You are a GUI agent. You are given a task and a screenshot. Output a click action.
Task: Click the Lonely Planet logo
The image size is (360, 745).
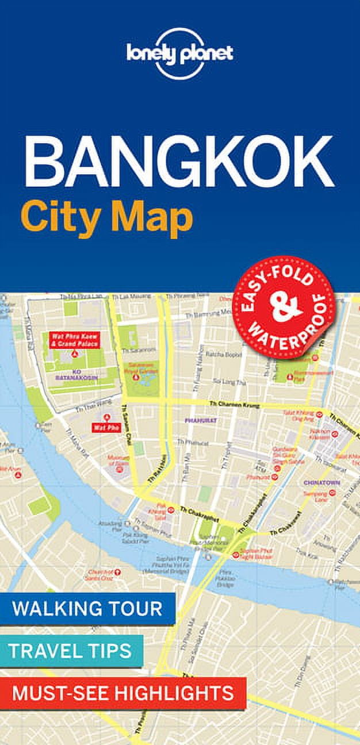(179, 53)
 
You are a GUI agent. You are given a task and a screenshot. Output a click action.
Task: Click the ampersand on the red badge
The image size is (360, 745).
(285, 309)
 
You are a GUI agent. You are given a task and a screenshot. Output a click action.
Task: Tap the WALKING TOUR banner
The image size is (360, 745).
(87, 609)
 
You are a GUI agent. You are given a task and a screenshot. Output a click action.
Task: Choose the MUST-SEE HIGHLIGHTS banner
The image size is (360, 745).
(122, 692)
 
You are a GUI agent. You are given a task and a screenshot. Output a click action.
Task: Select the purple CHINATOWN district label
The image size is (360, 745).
(322, 482)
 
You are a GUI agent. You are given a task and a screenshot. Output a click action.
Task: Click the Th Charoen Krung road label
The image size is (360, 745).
(235, 406)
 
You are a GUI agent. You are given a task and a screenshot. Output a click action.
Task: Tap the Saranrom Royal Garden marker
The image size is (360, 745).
(136, 377)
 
